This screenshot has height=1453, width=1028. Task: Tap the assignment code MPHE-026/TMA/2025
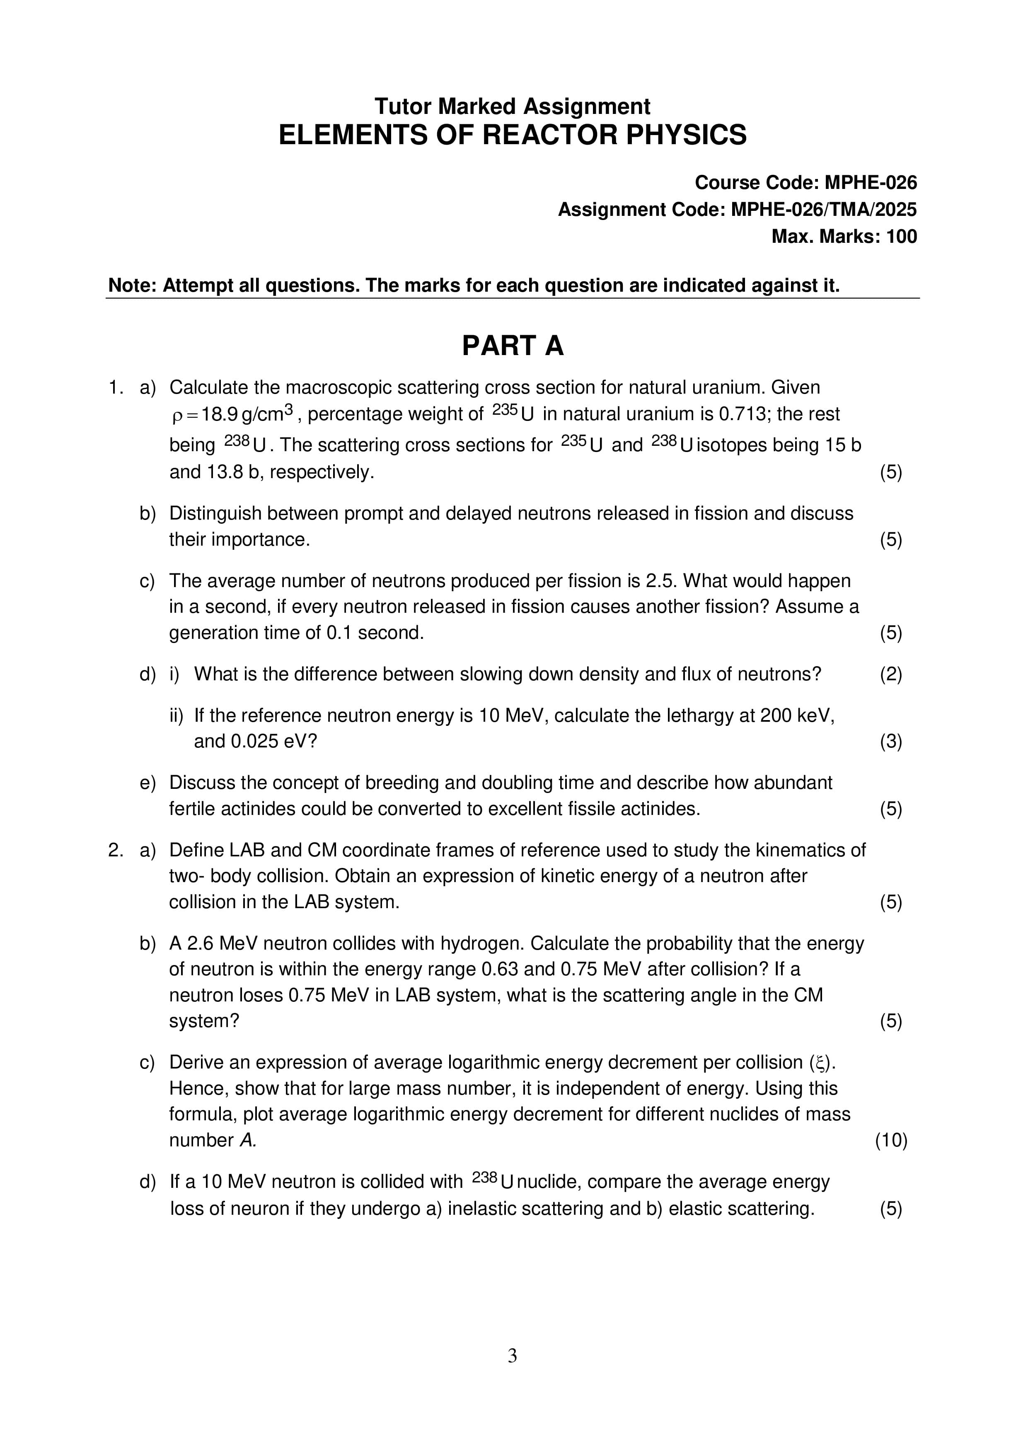(x=824, y=210)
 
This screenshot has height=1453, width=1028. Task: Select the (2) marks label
(x=890, y=674)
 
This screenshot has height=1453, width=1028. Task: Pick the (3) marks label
(x=890, y=742)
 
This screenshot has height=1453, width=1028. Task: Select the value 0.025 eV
(x=268, y=742)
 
